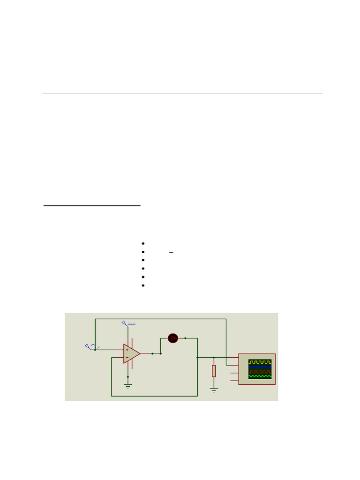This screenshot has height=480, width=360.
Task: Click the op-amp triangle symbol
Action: point(131,353)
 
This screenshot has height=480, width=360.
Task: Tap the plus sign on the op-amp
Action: point(127,350)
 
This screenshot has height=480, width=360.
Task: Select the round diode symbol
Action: point(173,338)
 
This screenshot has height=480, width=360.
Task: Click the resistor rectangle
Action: point(214,371)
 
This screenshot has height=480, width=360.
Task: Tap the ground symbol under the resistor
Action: point(214,390)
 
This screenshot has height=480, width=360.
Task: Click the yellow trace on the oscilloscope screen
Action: point(260,362)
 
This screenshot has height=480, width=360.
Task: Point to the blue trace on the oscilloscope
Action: point(260,367)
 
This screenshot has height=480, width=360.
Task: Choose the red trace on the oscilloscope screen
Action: point(260,371)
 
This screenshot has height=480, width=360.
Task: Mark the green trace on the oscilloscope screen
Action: point(260,376)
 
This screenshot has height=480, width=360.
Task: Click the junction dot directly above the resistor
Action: point(214,358)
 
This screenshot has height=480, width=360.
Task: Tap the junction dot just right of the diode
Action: point(186,338)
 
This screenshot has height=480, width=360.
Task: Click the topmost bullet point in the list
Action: point(142,244)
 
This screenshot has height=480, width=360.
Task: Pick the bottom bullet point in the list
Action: point(142,285)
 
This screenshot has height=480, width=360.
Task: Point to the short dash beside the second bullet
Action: point(171,253)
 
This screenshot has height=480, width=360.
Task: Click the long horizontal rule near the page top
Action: point(183,93)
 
